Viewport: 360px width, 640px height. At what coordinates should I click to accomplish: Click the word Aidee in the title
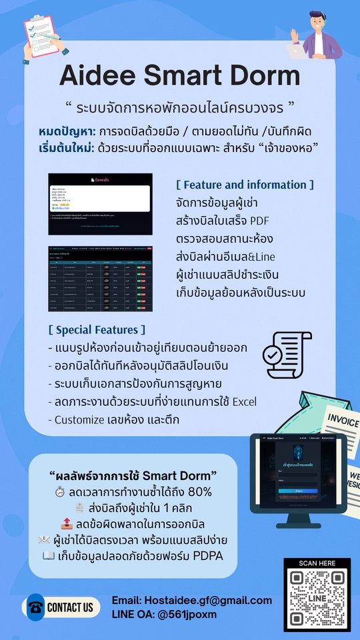(99, 75)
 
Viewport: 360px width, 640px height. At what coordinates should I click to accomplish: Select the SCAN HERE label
(317, 563)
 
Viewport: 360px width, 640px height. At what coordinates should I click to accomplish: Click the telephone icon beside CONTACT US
(35, 607)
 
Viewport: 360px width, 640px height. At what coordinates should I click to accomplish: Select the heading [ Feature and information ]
(245, 185)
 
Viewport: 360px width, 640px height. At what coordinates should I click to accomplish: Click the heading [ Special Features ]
(97, 329)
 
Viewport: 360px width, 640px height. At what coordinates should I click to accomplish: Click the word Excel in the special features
(244, 402)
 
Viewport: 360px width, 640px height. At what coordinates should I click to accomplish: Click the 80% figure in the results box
(199, 492)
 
